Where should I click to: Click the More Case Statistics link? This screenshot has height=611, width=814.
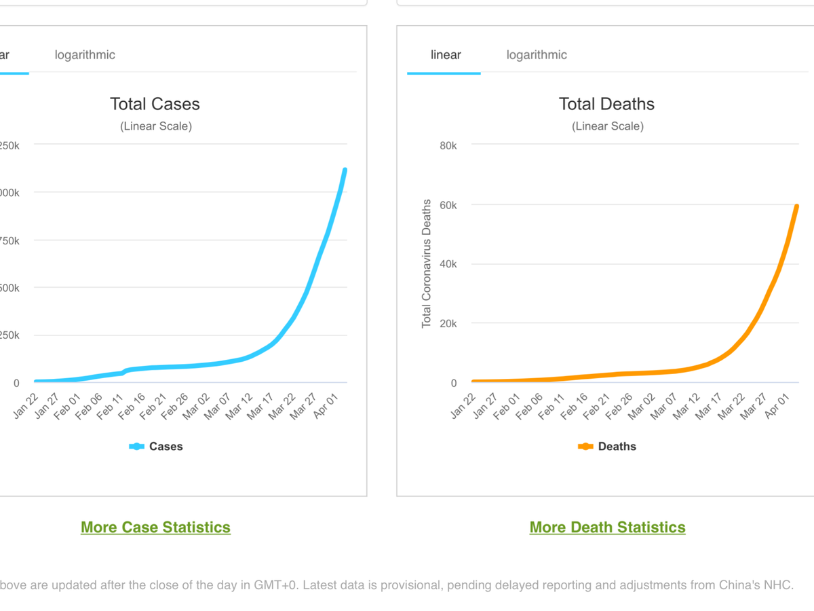tap(155, 527)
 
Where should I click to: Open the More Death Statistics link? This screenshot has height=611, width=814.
tap(607, 527)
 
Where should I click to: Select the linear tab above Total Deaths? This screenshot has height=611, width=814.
tap(446, 55)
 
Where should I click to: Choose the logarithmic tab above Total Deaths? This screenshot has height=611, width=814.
tap(537, 55)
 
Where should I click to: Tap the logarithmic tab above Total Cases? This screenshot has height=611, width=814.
tap(85, 55)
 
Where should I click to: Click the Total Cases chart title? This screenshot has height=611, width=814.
tap(155, 104)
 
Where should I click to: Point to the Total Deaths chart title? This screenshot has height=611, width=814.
tap(606, 104)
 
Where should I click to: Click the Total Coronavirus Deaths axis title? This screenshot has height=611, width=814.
tap(427, 263)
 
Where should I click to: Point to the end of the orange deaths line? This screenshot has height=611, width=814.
tap(796, 206)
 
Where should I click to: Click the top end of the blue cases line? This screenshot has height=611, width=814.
tap(345, 170)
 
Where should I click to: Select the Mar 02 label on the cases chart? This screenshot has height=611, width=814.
tap(194, 405)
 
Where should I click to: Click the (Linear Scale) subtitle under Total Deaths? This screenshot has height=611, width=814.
tap(607, 126)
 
